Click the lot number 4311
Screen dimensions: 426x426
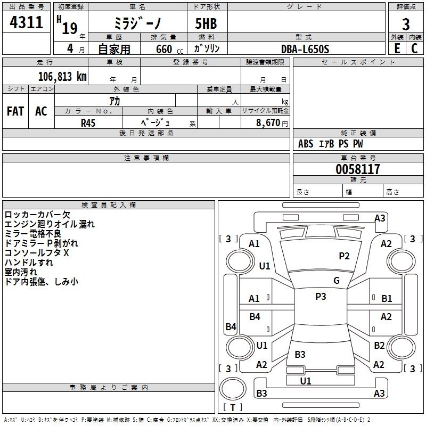26,22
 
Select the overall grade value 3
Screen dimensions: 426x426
406,24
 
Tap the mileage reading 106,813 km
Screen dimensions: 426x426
62,76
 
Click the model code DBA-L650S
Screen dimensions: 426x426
305,49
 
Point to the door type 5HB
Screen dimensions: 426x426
206,23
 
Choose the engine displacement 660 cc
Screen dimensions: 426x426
169,50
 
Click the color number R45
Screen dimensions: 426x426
88,123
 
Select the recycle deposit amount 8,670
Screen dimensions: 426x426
268,122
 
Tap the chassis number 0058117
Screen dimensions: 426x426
358,169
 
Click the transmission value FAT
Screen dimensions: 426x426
15,111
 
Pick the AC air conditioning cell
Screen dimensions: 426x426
42,111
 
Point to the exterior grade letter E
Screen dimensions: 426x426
397,48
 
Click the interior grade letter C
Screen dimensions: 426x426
414,48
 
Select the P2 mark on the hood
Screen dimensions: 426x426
344,256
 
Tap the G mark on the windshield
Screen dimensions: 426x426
337,280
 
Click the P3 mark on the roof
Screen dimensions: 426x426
321,296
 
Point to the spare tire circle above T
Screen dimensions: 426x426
233,389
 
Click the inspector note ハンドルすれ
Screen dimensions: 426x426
29,263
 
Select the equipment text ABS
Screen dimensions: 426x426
306,144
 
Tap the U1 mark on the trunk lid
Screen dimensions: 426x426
305,381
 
